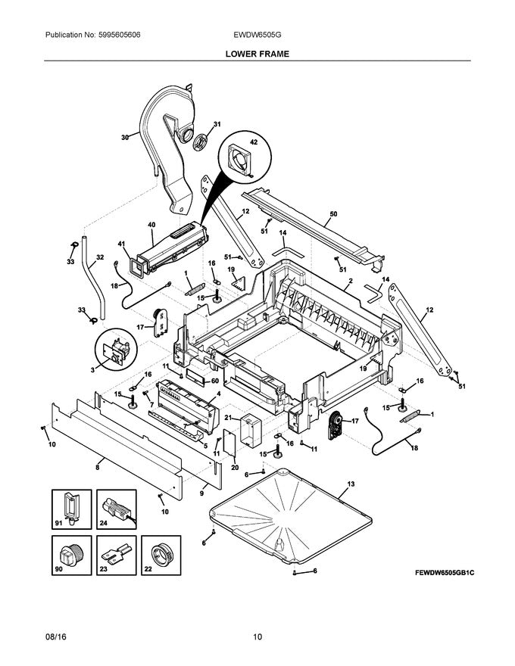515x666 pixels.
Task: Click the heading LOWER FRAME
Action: [257, 54]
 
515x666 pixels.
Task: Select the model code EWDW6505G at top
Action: [257, 36]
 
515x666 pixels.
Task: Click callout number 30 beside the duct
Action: [125, 137]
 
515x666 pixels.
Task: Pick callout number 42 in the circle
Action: [254, 143]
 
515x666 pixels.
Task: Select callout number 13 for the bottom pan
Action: [351, 483]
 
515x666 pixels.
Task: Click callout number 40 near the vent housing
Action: [151, 225]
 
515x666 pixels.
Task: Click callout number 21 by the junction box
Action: [227, 418]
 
